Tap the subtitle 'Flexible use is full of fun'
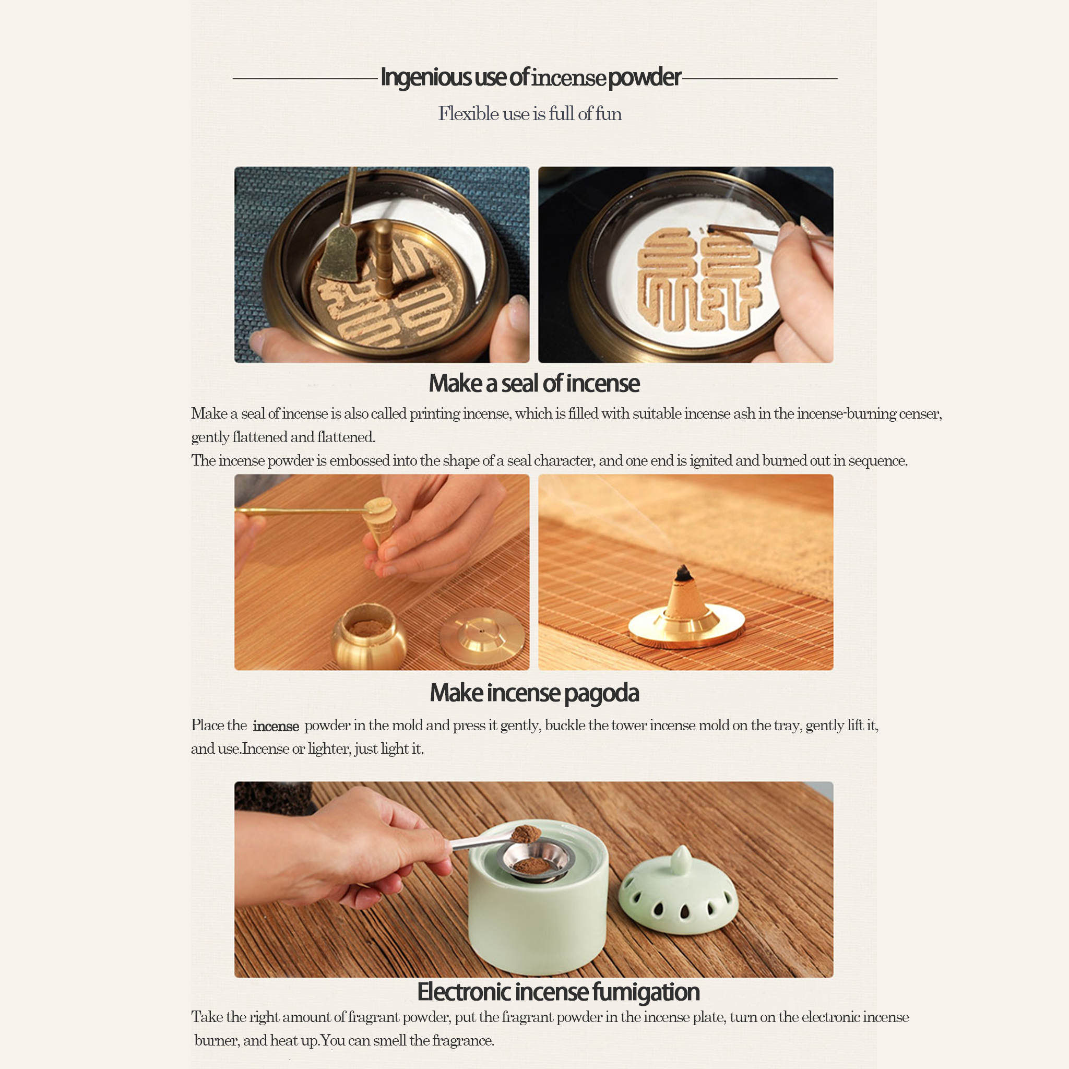pyautogui.click(x=530, y=113)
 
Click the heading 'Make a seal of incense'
pyautogui.click(x=534, y=383)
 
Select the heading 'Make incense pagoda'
pyautogui.click(x=534, y=693)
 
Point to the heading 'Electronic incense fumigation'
pyautogui.click(x=559, y=992)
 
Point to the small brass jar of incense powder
pyautogui.click(x=369, y=636)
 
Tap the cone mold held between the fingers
pyautogui.click(x=379, y=519)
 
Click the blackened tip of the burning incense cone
pyautogui.click(x=684, y=573)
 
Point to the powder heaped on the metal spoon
pyautogui.click(x=526, y=833)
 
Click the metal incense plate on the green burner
pyautogui.click(x=534, y=860)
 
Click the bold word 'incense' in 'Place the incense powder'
pyautogui.click(x=276, y=727)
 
